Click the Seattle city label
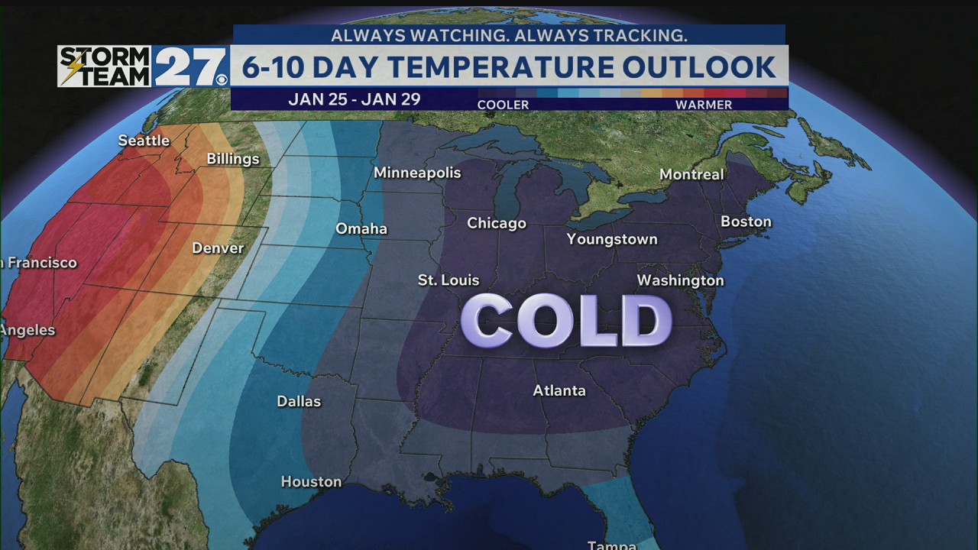pos(144,141)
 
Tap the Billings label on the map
pos(233,159)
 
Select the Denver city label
pos(218,248)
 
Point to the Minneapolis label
pos(417,173)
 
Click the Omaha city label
pos(361,229)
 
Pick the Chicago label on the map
pos(497,223)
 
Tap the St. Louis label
pos(449,280)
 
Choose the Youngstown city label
pos(612,239)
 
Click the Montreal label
pos(691,174)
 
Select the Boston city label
pos(746,222)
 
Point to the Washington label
pos(680,280)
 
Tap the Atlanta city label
pos(559,390)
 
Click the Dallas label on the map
pos(299,401)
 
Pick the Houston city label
pos(311,481)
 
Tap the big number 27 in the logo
pos(189,67)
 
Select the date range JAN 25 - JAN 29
pos(355,99)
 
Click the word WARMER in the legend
pos(704,105)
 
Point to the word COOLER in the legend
pos(503,105)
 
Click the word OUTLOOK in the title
pos(699,67)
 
